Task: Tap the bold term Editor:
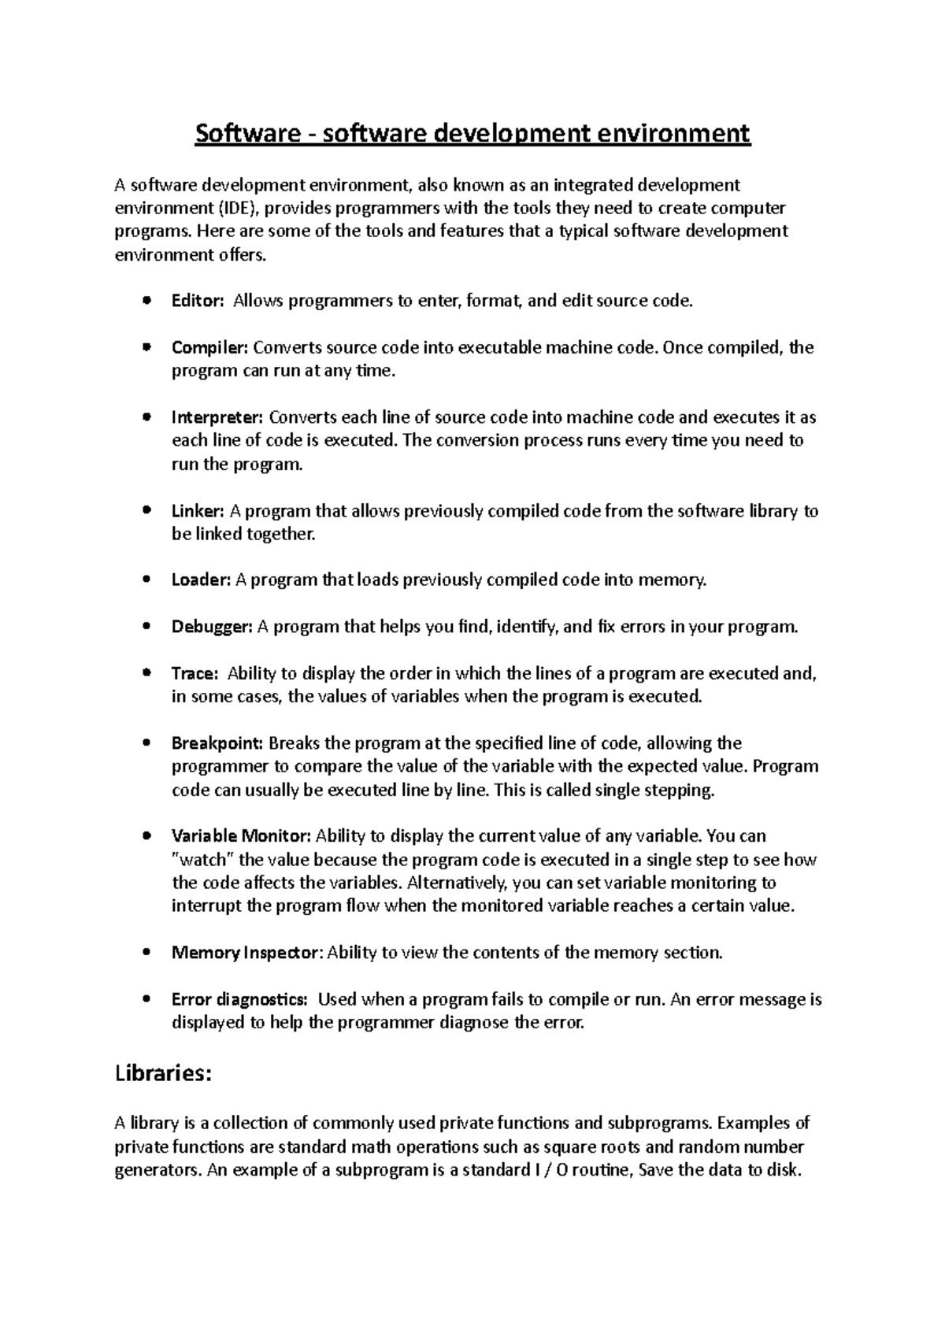pos(198,301)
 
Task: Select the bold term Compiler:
pos(209,347)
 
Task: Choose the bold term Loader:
pos(201,580)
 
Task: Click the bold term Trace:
pos(194,673)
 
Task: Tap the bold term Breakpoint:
pos(218,743)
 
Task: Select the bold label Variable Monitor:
pos(242,835)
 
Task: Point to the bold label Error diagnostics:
pos(239,999)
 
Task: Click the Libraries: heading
pos(163,1073)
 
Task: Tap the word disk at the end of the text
pos(784,1169)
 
